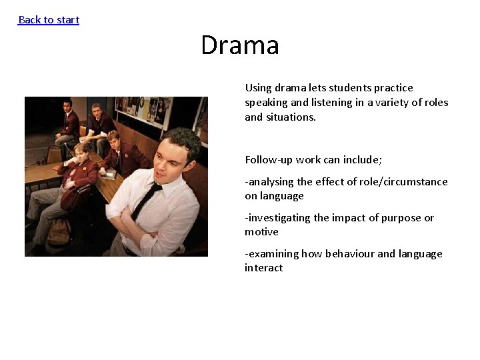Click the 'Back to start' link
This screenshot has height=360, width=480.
49,20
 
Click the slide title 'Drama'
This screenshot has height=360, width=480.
240,46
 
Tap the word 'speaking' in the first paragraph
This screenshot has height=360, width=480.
266,103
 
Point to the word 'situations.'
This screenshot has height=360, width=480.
291,117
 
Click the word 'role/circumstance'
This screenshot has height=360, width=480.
406,182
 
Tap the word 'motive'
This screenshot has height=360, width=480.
261,232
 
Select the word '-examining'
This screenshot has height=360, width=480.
271,254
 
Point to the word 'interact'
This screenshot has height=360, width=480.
263,268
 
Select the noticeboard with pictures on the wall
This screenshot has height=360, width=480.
143,110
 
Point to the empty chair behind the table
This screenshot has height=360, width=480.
53,154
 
